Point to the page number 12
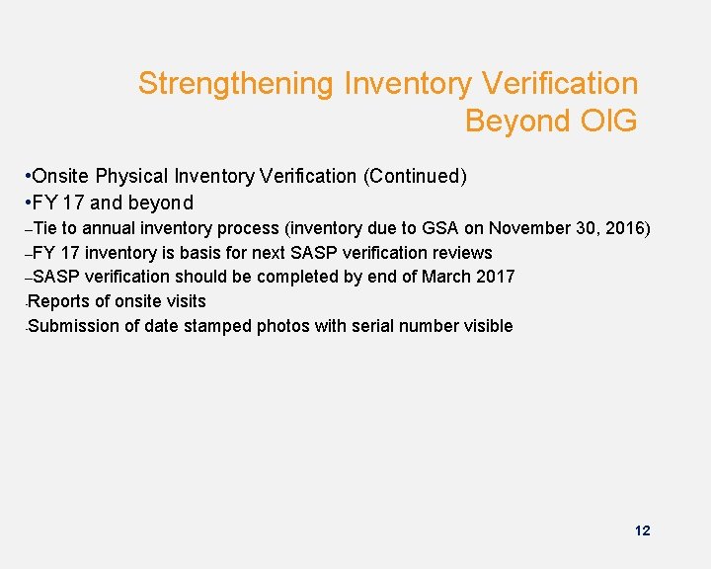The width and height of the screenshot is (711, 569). (x=642, y=530)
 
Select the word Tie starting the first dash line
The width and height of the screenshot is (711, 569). (x=45, y=228)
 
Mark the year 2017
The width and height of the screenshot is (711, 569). (x=494, y=277)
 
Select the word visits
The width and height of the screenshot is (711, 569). (x=184, y=301)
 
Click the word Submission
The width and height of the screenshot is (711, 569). (x=77, y=326)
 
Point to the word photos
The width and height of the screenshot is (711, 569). (x=280, y=326)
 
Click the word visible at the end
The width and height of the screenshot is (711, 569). (x=486, y=326)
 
